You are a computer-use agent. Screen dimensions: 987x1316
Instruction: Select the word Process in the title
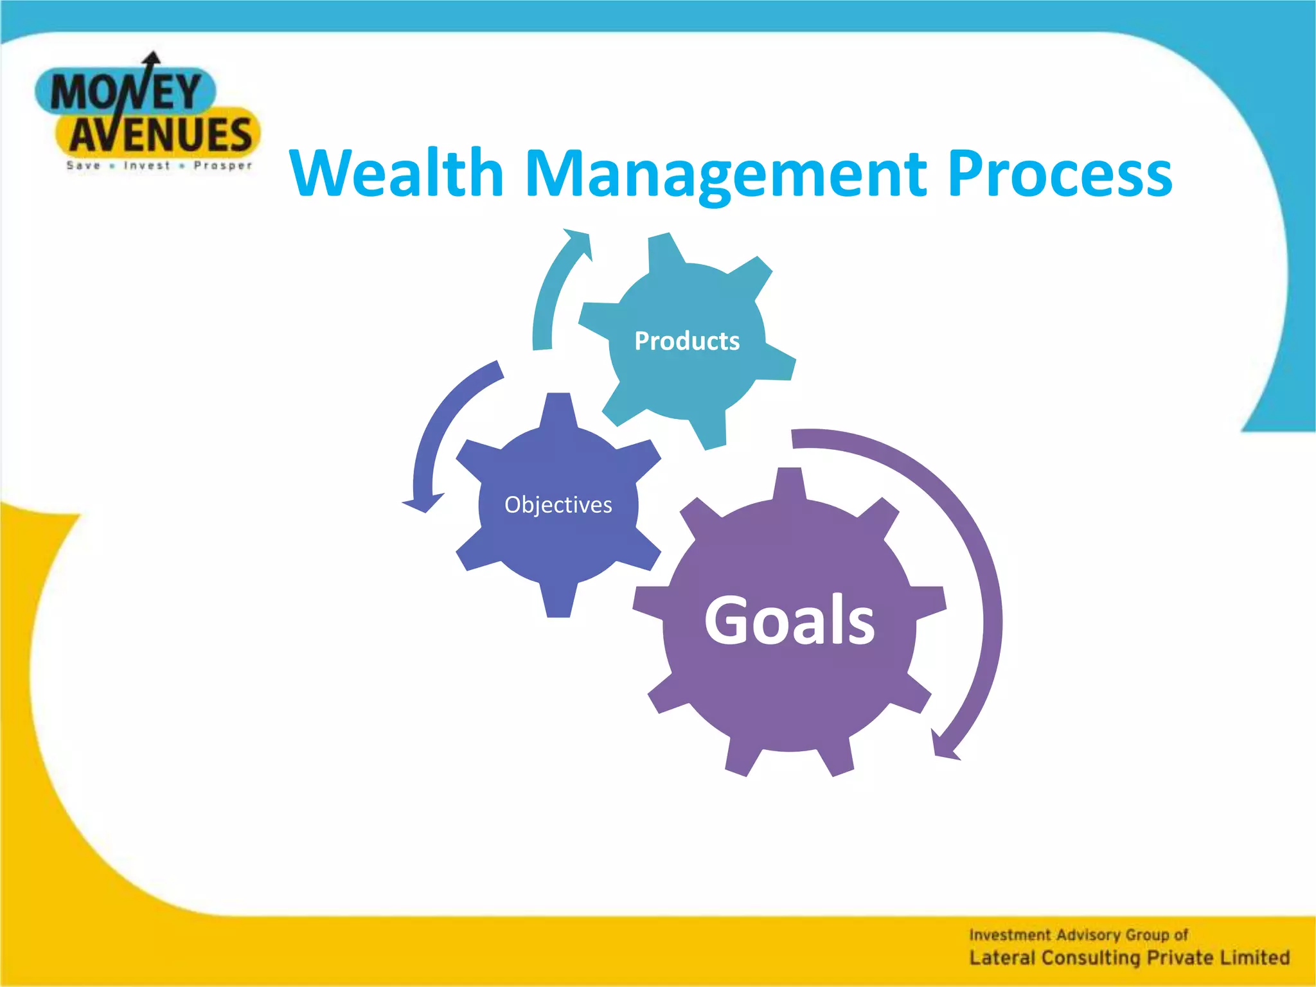1060,173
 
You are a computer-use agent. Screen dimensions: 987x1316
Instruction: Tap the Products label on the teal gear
687,341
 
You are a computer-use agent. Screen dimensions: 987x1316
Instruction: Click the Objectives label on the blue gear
558,505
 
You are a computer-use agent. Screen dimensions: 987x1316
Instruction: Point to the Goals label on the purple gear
789,621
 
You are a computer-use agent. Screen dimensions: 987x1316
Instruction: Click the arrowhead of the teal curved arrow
578,240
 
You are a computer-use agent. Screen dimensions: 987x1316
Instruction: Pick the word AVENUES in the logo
161,135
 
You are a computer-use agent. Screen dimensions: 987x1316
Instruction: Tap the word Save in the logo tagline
84,166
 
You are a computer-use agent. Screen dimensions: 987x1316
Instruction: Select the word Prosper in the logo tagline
223,166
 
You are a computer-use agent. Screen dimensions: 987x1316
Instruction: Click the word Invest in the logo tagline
147,166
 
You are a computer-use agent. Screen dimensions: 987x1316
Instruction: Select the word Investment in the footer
1009,935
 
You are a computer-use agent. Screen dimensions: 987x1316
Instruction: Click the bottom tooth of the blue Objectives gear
558,601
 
